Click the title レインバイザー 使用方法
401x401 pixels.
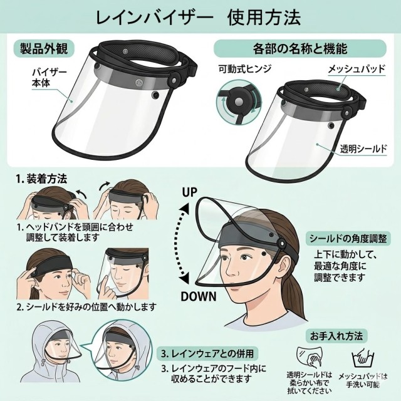198,18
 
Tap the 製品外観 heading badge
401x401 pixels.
44,48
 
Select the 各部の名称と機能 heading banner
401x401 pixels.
300,48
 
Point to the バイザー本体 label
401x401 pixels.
49,78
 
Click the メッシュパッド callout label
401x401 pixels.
357,69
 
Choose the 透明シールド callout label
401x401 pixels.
363,149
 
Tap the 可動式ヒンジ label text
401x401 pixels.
245,68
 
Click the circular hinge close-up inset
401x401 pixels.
238,102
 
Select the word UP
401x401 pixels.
189,192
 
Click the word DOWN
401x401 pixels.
199,296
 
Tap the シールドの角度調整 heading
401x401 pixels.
348,239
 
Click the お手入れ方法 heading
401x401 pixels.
336,336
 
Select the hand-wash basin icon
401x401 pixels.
363,357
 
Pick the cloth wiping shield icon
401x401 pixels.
310,357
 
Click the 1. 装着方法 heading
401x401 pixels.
41,179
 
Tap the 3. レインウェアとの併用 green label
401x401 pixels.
207,353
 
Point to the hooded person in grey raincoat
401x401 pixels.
51,352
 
